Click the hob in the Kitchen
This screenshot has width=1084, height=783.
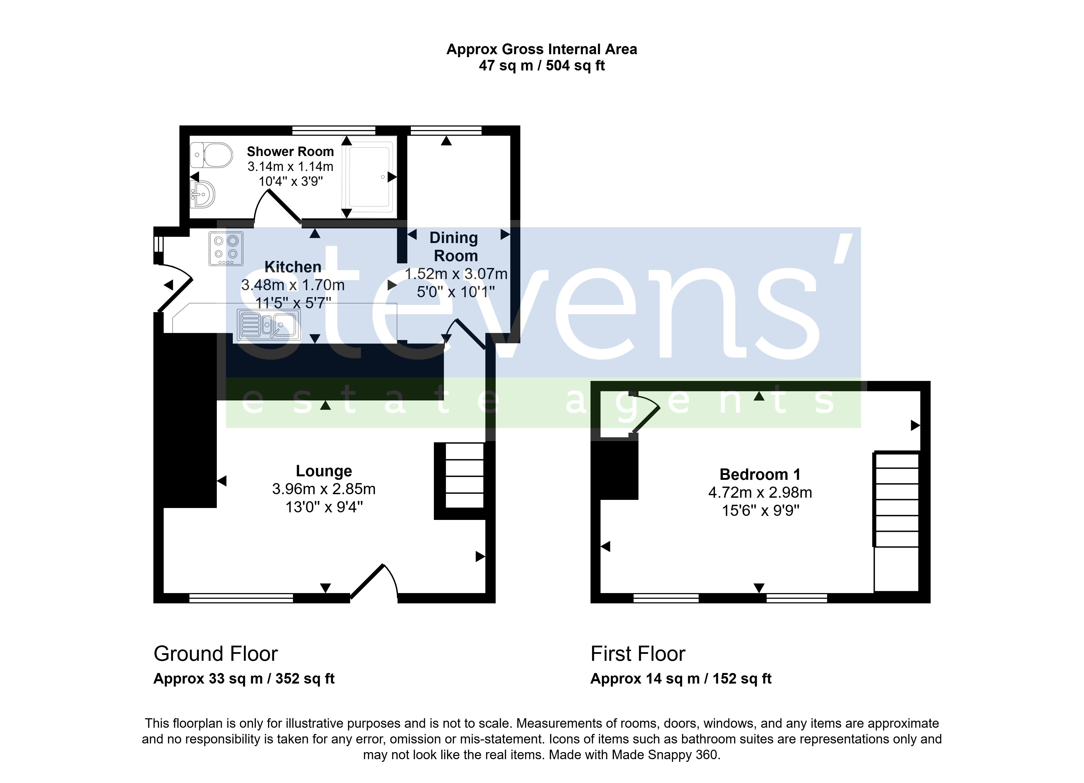click(x=226, y=248)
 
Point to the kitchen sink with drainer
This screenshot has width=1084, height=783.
click(x=269, y=325)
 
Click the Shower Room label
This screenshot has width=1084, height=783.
click(x=290, y=151)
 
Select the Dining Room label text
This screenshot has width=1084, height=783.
click(x=454, y=247)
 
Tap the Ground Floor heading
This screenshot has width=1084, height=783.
click(x=215, y=653)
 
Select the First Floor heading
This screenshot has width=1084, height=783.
click(x=638, y=653)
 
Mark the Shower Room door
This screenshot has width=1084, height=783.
click(x=284, y=205)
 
